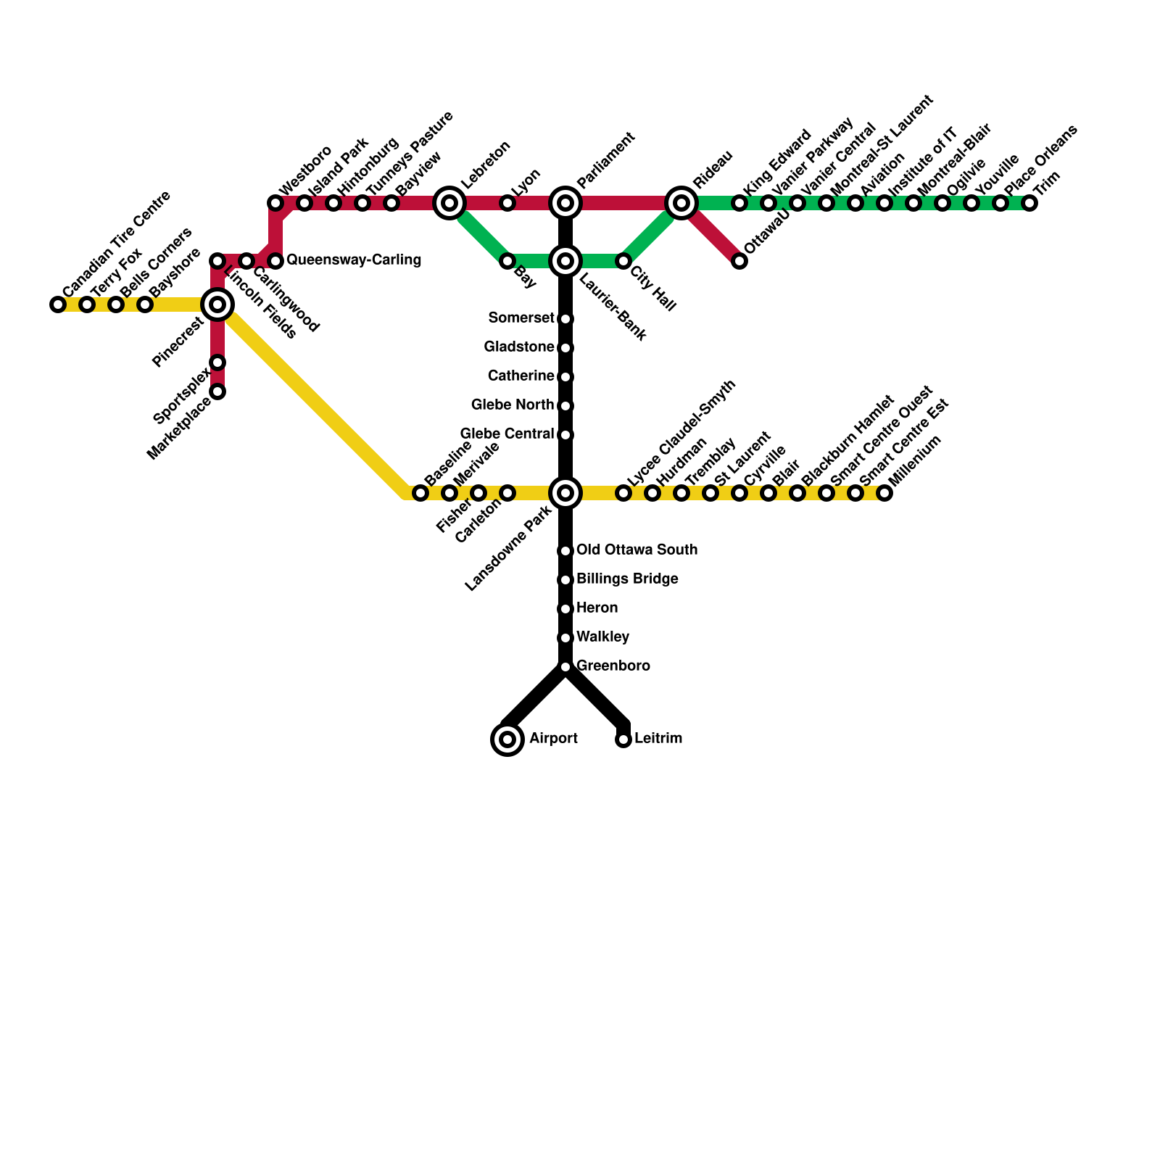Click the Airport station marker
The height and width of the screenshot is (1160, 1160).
click(507, 739)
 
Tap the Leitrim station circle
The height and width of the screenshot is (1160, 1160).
click(623, 739)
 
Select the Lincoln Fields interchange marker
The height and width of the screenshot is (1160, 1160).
click(217, 304)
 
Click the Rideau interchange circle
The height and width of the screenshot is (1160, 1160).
click(681, 203)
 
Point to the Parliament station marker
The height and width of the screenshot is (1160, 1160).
click(565, 203)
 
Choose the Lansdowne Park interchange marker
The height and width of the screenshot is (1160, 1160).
click(565, 493)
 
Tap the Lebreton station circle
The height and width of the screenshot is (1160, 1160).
click(449, 203)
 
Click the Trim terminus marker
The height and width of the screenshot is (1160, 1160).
click(1029, 203)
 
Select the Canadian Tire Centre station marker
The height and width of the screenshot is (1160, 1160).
click(58, 304)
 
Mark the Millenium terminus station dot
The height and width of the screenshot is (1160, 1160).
click(884, 493)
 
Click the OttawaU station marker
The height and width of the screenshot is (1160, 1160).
click(739, 261)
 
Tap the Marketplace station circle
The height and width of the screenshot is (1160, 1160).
click(217, 391)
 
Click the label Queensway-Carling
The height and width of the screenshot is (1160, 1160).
click(354, 260)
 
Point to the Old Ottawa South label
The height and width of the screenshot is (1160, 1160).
click(637, 550)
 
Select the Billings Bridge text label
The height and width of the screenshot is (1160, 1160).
click(627, 579)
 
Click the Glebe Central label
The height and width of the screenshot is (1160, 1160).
click(507, 434)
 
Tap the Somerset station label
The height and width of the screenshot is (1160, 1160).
click(521, 318)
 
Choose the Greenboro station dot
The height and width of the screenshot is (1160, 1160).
click(565, 667)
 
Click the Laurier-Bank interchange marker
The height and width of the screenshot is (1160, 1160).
click(565, 261)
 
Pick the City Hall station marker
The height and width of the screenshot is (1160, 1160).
click(623, 261)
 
